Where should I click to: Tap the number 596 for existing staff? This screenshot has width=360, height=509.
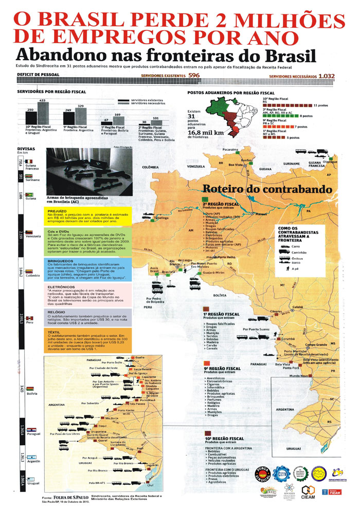194,76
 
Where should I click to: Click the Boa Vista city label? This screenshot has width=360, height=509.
235,166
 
